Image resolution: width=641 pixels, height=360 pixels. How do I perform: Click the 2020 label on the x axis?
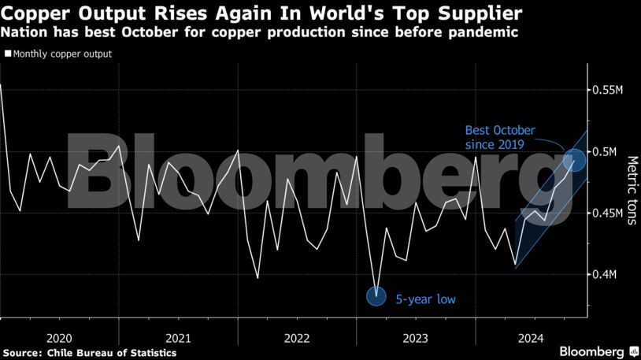click(60, 338)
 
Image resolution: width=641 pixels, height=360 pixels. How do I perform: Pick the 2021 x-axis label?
click(178, 338)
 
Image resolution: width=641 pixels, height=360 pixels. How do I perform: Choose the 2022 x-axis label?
click(297, 338)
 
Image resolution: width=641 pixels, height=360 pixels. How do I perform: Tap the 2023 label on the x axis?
click(415, 338)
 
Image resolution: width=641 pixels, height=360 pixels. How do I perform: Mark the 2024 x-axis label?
click(533, 338)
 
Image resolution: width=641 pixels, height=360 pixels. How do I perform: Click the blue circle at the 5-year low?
click(378, 296)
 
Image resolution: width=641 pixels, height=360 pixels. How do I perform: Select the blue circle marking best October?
click(576, 160)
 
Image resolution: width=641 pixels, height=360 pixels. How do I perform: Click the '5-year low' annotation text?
click(425, 299)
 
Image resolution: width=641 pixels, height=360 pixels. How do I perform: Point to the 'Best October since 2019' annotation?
click(499, 137)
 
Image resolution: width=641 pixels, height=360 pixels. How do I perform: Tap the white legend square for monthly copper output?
click(8, 54)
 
